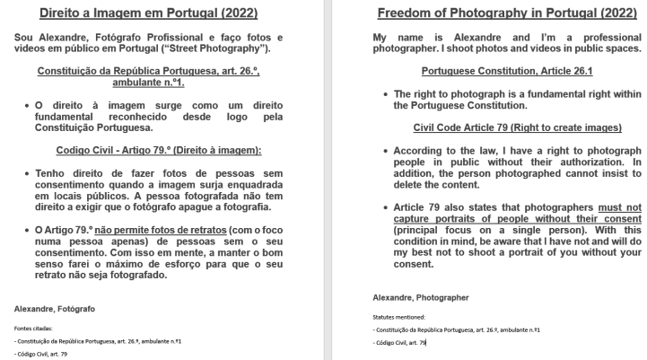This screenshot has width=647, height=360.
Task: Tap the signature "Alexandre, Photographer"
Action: tap(420, 296)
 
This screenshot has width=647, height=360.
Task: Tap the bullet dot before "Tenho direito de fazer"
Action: tap(30, 171)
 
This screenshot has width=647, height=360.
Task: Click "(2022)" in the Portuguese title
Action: tap(232, 13)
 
